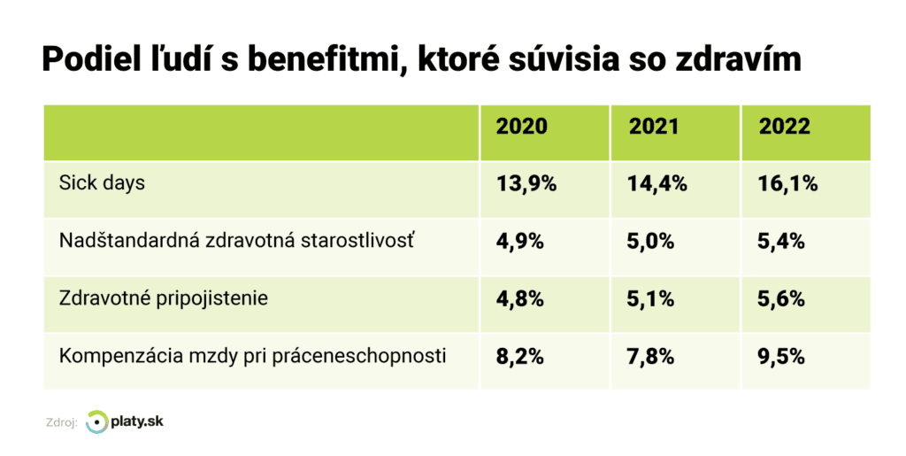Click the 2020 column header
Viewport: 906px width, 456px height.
click(x=521, y=127)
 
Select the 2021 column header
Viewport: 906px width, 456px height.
click(x=654, y=127)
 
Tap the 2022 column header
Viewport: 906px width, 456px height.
click(x=784, y=127)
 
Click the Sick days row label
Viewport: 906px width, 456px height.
click(x=102, y=183)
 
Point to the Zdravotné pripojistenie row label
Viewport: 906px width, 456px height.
click(x=163, y=298)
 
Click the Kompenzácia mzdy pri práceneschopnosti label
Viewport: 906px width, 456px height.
click(x=252, y=356)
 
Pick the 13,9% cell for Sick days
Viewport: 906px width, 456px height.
click(x=526, y=184)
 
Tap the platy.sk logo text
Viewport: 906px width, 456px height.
click(x=137, y=421)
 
